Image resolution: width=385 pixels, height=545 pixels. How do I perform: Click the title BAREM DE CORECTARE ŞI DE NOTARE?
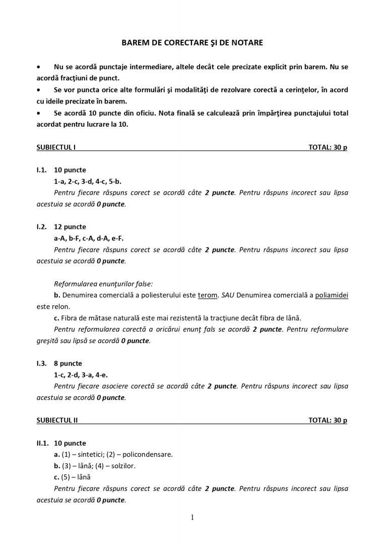(192, 43)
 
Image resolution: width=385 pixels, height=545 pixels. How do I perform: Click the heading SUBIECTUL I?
(56, 147)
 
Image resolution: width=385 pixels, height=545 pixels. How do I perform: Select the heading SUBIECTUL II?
(57, 420)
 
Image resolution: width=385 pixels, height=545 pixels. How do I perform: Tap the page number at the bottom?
(192, 517)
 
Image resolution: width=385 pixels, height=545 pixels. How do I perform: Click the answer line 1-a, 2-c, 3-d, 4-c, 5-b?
(88, 181)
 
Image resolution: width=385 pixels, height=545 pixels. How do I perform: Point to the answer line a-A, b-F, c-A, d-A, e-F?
(89, 238)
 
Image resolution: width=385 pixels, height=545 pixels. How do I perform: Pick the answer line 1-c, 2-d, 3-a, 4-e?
(81, 375)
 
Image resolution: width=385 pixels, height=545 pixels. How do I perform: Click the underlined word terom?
(208, 295)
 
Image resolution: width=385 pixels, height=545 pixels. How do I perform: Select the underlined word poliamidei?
(332, 295)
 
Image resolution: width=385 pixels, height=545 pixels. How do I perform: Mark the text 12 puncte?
(70, 227)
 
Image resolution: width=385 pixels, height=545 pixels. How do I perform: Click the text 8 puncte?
(68, 363)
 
